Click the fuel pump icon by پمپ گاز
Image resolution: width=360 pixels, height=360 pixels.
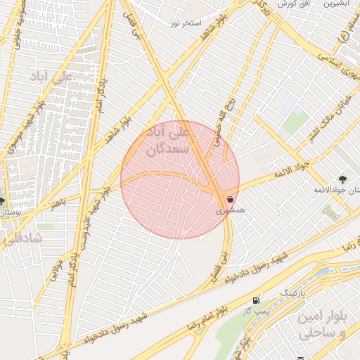(x=255, y=300)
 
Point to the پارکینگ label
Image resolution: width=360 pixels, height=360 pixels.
(x=295, y=290)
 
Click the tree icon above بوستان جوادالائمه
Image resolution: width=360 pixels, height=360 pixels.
(x=342, y=179)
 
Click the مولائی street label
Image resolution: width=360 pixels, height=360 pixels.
(x=56, y=271)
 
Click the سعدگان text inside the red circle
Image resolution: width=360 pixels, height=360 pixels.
(x=169, y=149)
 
